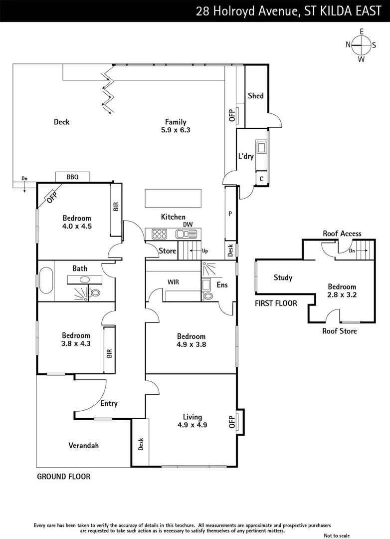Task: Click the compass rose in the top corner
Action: (x=361, y=45)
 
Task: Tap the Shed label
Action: (x=255, y=96)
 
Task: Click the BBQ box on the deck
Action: (x=72, y=177)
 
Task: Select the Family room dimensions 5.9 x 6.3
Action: (x=176, y=130)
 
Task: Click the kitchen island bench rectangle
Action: (x=173, y=198)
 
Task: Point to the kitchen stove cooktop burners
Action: (x=159, y=234)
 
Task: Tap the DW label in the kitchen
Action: (x=188, y=225)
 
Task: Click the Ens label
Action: (x=222, y=284)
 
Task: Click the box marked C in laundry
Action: (x=261, y=179)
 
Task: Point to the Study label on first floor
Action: (x=283, y=277)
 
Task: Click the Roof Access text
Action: (x=342, y=234)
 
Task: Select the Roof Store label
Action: (x=340, y=331)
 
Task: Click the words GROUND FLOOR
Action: (x=64, y=477)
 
